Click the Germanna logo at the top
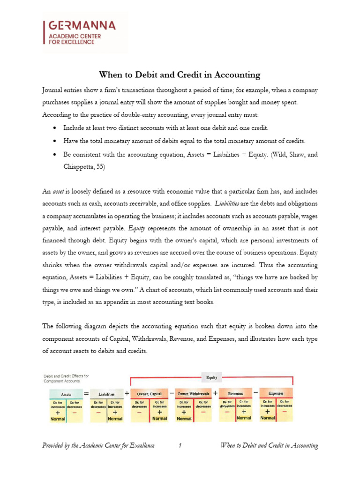tap(84, 32)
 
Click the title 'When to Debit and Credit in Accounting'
tap(180, 75)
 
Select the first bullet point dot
tap(56, 128)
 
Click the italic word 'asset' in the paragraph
tap(58, 191)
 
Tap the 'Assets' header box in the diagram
tap(66, 394)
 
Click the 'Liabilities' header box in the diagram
tap(106, 394)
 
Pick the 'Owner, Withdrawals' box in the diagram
tap(193, 394)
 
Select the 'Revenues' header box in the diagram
tap(235, 394)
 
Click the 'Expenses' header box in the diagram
tap(276, 393)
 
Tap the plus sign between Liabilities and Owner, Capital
tap(127, 394)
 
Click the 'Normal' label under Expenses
tap(268, 418)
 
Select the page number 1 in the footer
tap(180, 445)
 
